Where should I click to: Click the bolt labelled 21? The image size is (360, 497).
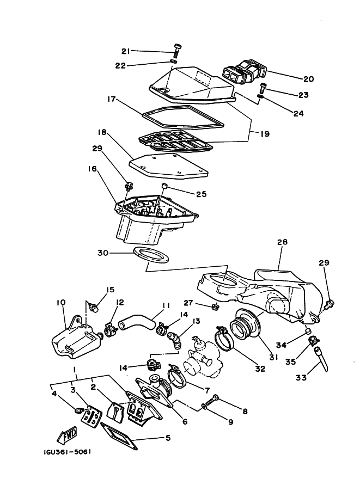click(x=177, y=52)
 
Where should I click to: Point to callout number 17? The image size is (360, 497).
click(x=111, y=100)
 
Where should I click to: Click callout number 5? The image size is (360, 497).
click(x=167, y=437)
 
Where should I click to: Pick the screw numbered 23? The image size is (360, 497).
click(x=264, y=87)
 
